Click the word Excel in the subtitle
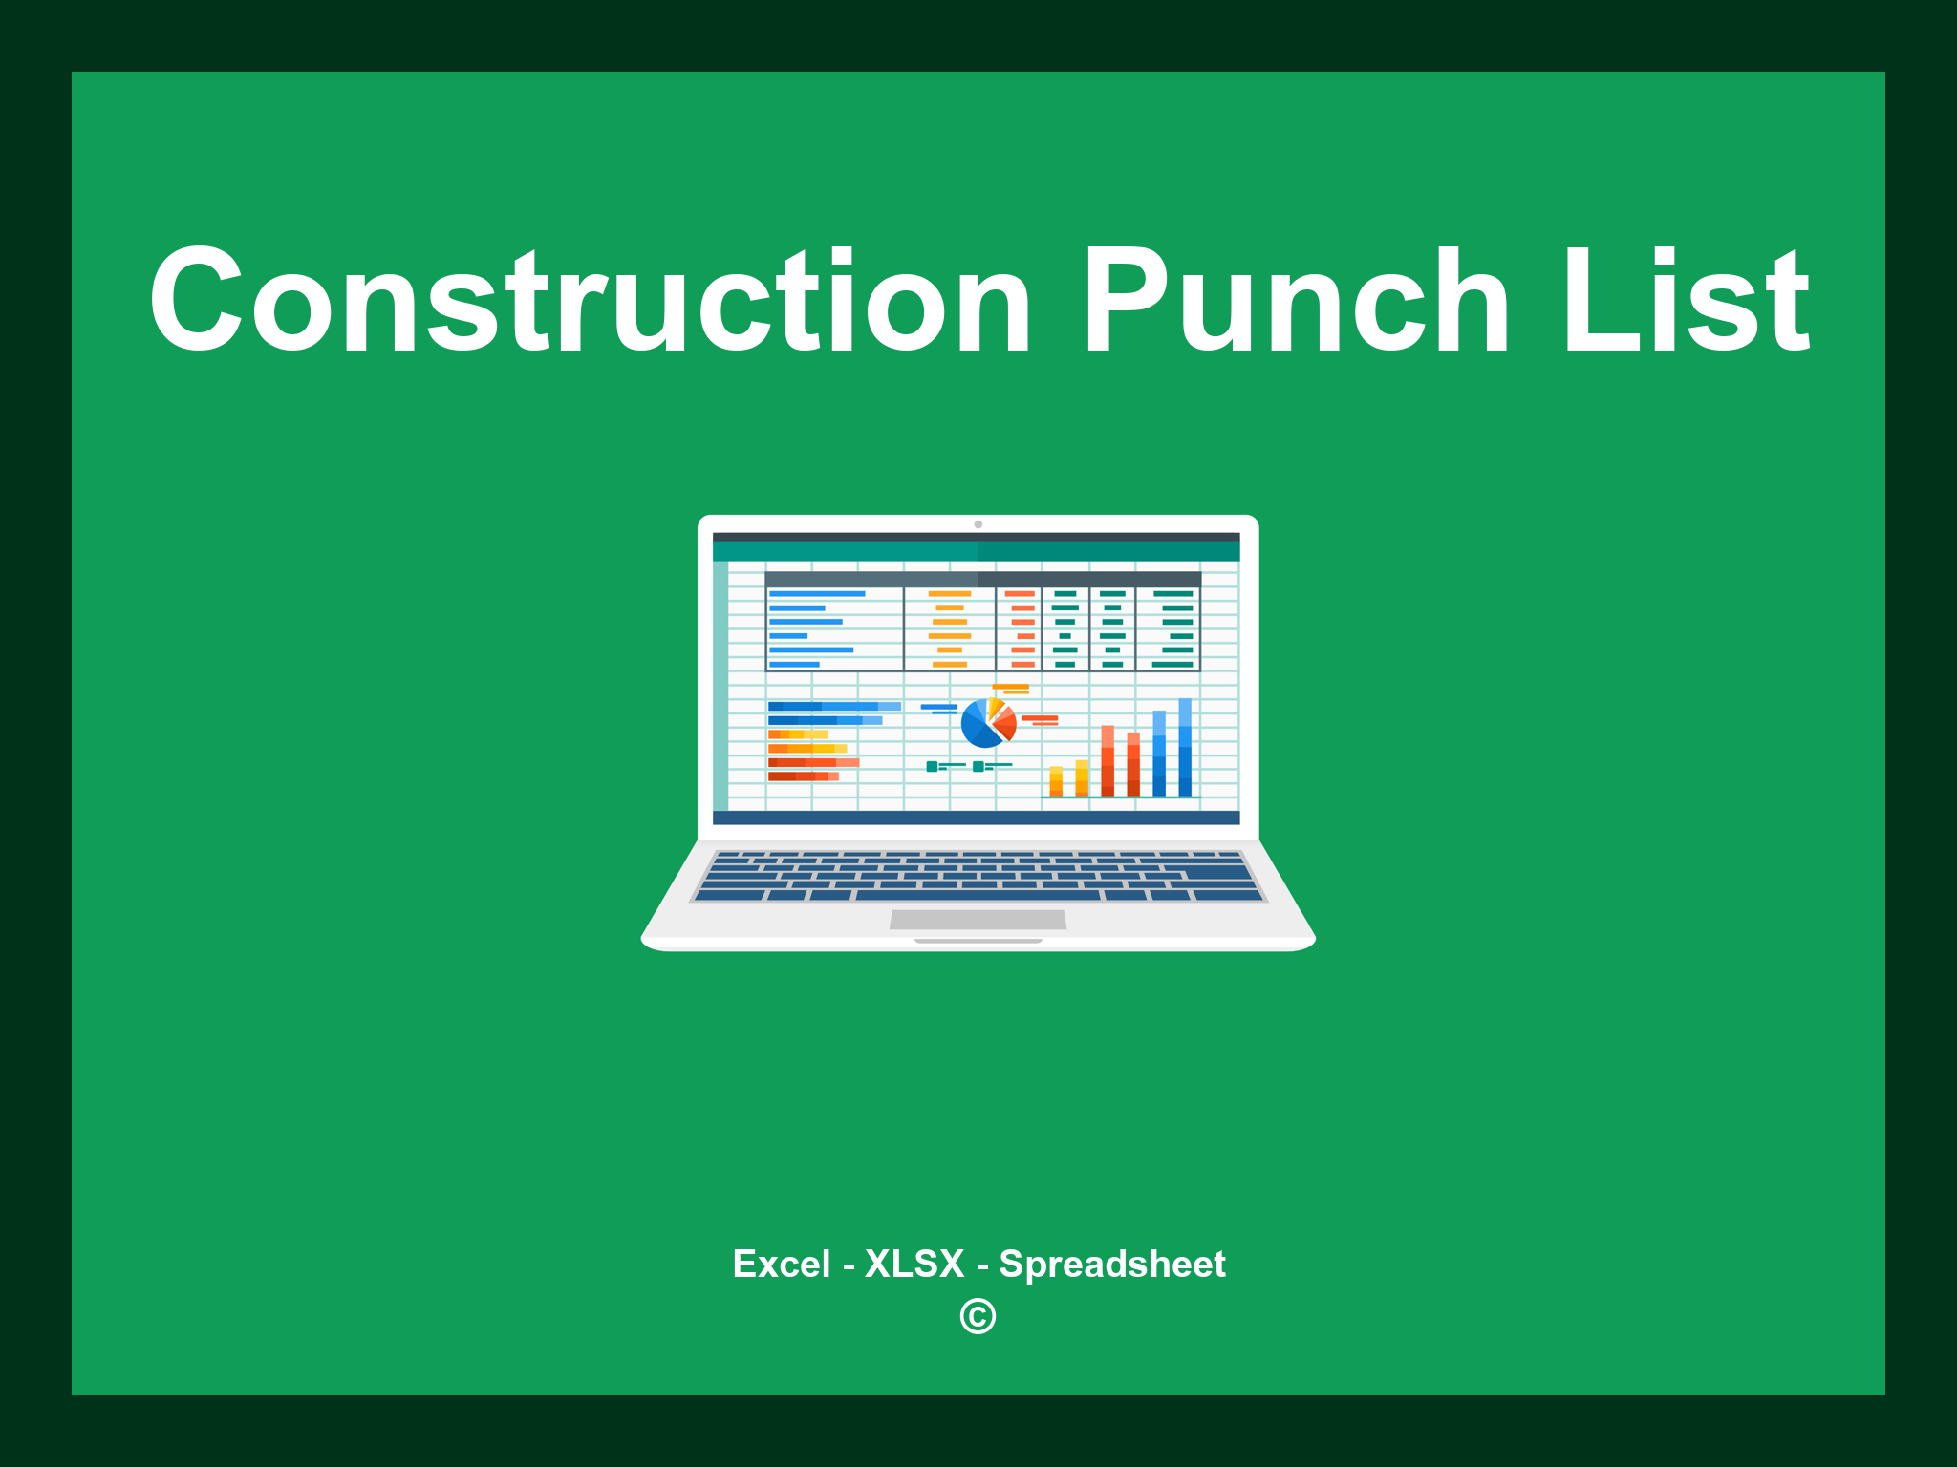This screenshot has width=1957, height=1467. (x=781, y=1265)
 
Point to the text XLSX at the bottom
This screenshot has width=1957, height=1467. (x=914, y=1265)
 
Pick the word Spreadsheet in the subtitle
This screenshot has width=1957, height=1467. (x=1111, y=1265)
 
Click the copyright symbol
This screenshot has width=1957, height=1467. (x=978, y=1317)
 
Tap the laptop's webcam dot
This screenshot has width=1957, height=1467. (x=978, y=524)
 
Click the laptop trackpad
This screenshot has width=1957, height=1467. (x=978, y=920)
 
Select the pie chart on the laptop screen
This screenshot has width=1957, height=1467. (x=987, y=723)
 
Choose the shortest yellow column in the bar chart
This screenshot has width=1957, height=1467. (x=1056, y=780)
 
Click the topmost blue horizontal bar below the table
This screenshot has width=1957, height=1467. (x=833, y=706)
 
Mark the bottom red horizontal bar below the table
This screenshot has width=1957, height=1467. (x=803, y=776)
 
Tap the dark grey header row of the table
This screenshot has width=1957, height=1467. (x=982, y=579)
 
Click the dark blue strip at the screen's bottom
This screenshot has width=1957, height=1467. (x=976, y=818)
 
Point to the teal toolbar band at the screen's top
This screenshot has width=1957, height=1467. (x=976, y=551)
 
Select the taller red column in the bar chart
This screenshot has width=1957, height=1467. (x=1108, y=760)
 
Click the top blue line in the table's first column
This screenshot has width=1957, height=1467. (x=817, y=594)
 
